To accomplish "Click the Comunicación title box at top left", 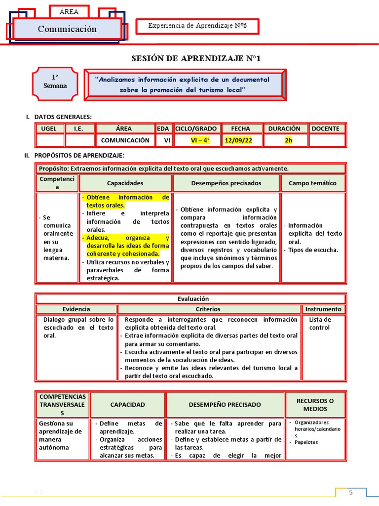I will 67,29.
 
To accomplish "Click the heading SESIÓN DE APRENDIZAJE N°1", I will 195,59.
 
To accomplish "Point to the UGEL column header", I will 49,128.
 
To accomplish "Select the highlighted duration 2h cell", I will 288,140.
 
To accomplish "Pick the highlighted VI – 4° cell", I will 200,140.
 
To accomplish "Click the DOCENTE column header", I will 325,128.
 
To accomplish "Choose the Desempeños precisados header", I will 226,183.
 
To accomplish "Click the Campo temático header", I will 312,183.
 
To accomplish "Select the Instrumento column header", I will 323,309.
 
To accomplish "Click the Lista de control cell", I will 319,324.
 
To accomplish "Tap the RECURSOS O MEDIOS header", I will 315,405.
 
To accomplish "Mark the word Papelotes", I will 306,442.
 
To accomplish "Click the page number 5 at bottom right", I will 351,493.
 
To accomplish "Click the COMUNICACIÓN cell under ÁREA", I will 125,140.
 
